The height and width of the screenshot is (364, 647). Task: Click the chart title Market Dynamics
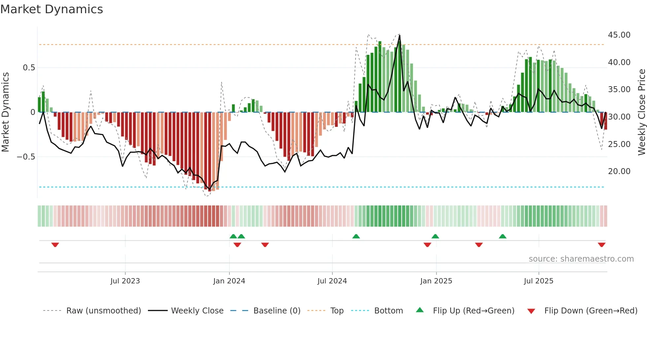pos(51,9)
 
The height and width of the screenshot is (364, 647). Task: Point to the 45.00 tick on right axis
pos(619,35)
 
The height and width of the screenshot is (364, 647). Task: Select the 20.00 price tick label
pos(619,171)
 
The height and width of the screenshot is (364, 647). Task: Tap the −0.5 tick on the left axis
pos(26,157)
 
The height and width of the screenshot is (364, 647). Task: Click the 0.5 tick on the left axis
pos(29,68)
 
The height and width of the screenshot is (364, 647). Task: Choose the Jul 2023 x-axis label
pos(125,281)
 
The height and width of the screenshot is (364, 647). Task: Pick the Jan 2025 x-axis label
pos(436,281)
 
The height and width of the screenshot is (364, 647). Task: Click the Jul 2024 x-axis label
pos(332,281)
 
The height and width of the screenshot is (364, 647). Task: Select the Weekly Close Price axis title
pos(641,112)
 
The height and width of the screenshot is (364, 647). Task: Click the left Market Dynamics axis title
pos(5,112)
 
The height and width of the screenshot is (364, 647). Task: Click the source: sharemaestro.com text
pos(581,259)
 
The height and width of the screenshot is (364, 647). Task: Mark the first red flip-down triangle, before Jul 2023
pos(55,245)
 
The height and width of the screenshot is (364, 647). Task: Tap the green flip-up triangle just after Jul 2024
pos(356,236)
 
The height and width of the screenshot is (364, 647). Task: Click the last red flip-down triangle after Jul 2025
pos(601,245)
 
